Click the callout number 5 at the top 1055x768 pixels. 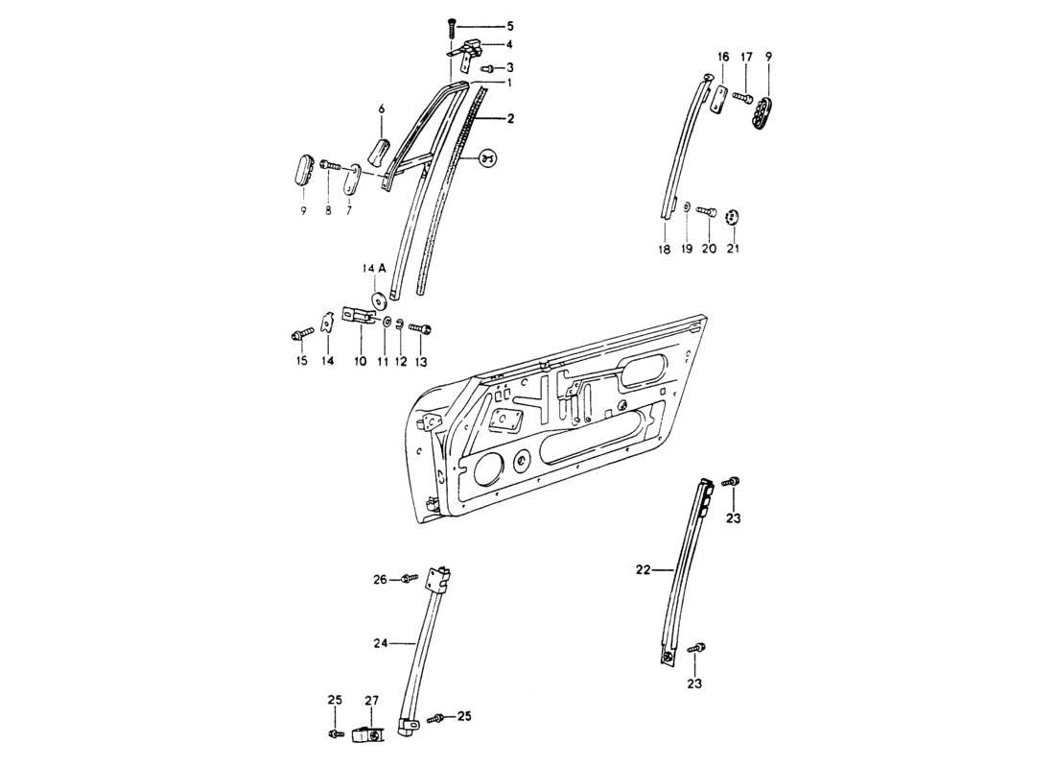[x=510, y=25]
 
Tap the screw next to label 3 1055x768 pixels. [x=487, y=68]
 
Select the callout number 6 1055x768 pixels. [x=380, y=109]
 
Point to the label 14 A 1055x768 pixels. [x=374, y=270]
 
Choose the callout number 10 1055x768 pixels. [x=360, y=361]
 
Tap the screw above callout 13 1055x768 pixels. [x=422, y=329]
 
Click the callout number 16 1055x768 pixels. [x=722, y=58]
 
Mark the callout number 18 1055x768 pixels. [x=664, y=250]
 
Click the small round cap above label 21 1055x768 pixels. [x=733, y=217]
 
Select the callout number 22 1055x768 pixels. [x=642, y=569]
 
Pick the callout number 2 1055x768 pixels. [x=510, y=119]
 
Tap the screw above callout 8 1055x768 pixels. [x=329, y=166]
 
